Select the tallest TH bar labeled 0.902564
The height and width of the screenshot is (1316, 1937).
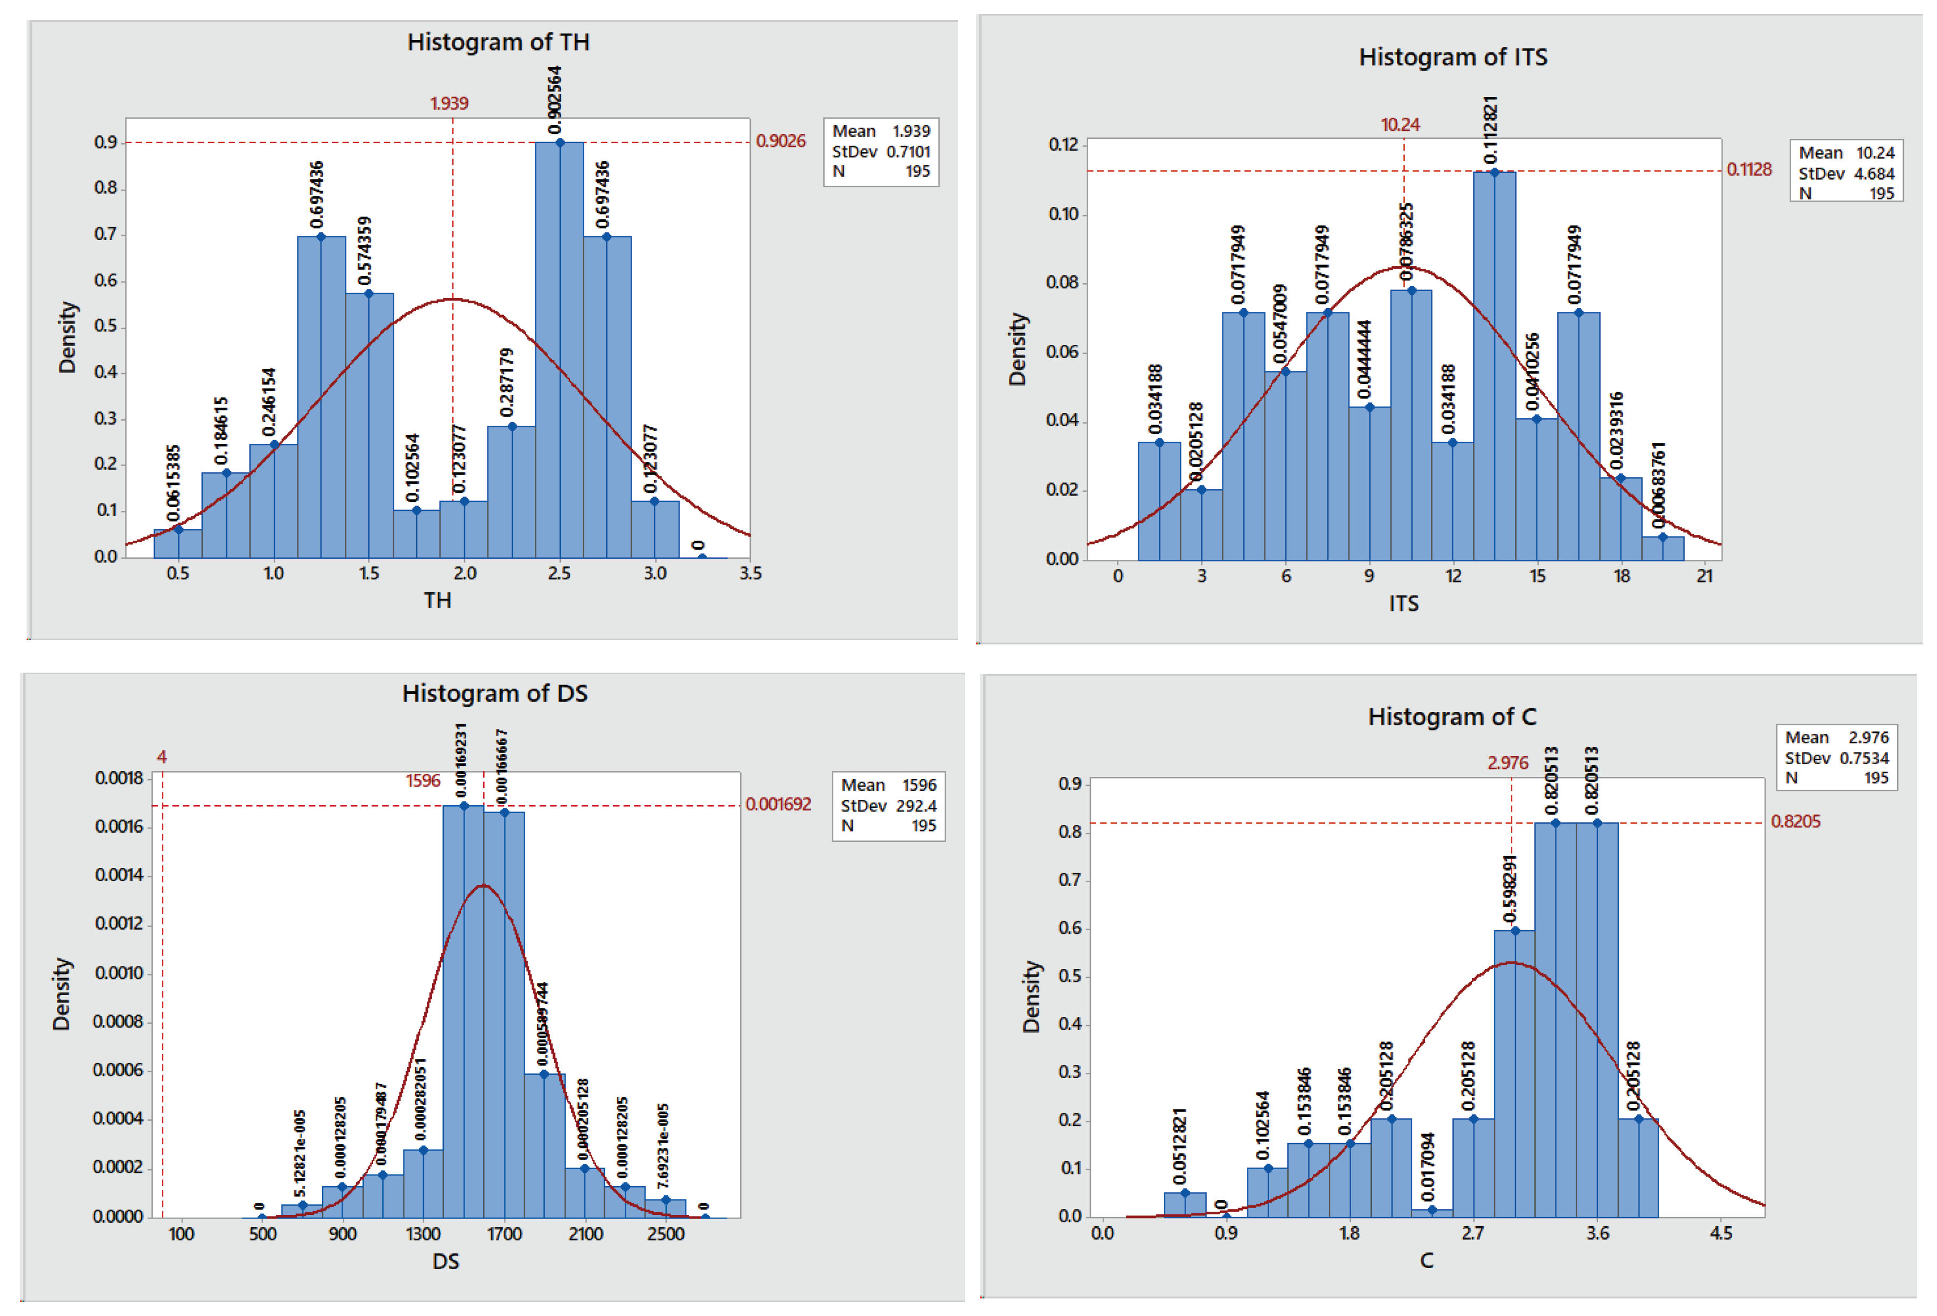pyautogui.click(x=559, y=350)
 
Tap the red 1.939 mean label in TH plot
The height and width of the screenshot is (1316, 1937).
pyautogui.click(x=449, y=103)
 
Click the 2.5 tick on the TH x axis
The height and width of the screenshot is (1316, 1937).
pyautogui.click(x=559, y=574)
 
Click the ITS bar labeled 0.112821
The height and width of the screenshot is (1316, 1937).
pyautogui.click(x=1494, y=367)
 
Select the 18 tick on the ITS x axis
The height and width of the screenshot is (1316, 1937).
pyautogui.click(x=1621, y=576)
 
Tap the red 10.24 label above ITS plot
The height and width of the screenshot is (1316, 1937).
pyautogui.click(x=1400, y=125)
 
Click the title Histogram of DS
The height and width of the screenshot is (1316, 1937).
pyautogui.click(x=494, y=693)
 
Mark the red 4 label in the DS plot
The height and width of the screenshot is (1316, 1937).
pyautogui.click(x=162, y=757)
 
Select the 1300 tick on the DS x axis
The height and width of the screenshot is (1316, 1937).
pyautogui.click(x=424, y=1235)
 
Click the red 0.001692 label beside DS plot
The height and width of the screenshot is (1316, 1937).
pyautogui.click(x=777, y=804)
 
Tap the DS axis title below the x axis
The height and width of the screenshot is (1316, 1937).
pyautogui.click(x=445, y=1262)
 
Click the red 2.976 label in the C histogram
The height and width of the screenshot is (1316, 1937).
pyautogui.click(x=1507, y=763)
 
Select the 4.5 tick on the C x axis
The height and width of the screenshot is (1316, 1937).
pyautogui.click(x=1720, y=1234)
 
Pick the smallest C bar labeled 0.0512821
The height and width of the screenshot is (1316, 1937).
pyautogui.click(x=1185, y=1205)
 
